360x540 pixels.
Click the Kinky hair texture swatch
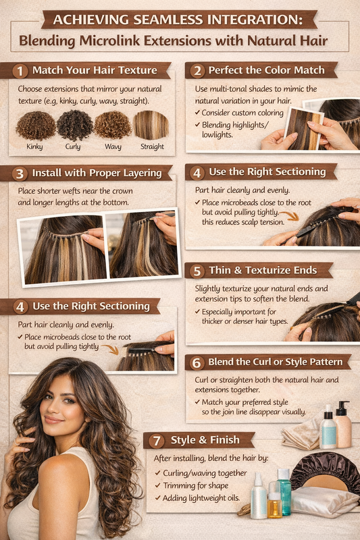tap(34, 126)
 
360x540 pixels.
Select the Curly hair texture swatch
tap(74, 126)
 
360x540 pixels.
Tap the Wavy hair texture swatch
tap(112, 126)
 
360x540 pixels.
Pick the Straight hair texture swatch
tap(151, 126)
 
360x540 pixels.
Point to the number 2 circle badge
tap(197, 70)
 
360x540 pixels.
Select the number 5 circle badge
tap(197, 271)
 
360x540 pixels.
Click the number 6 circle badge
tap(197, 362)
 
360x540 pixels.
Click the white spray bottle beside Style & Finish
tap(259, 496)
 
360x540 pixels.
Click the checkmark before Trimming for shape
tap(157, 485)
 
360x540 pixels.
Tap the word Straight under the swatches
tap(152, 146)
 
